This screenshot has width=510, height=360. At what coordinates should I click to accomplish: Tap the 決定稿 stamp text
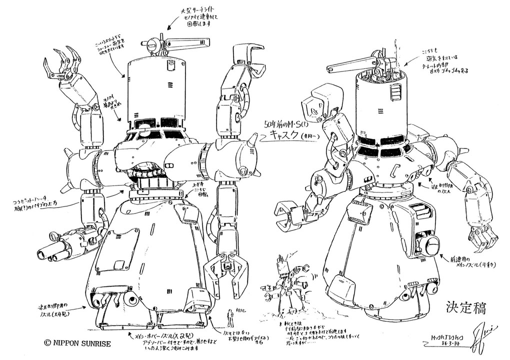tap(464, 305)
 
